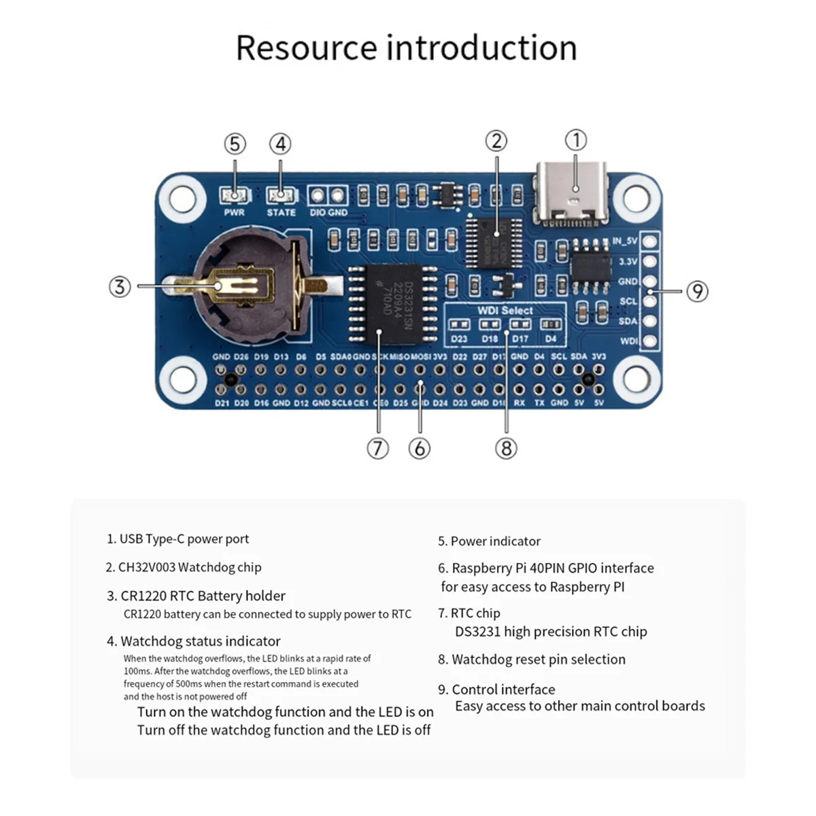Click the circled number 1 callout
point(576,141)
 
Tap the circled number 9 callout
point(697,291)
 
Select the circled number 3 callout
point(120,286)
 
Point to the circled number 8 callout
point(506,448)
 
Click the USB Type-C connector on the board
point(573,193)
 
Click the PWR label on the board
point(234,213)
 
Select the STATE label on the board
point(281,213)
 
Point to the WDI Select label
point(505,310)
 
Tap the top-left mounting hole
point(182,198)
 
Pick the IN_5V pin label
point(625,241)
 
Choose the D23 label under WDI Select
point(459,339)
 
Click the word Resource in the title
point(306,48)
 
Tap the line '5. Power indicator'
point(489,541)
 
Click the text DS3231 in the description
point(477,632)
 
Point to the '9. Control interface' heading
point(496,690)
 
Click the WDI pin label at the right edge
point(628,341)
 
